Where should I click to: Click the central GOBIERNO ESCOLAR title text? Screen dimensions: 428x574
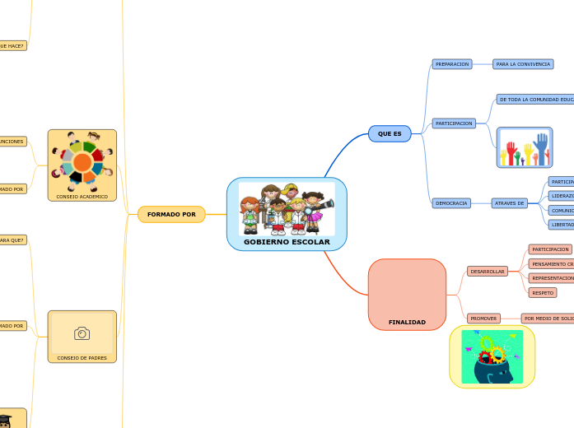pyautogui.click(x=287, y=242)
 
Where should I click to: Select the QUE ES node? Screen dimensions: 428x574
pyautogui.click(x=390, y=133)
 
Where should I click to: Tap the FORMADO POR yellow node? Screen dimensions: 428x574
pyautogui.click(x=171, y=214)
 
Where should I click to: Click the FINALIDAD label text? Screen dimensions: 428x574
pyautogui.click(x=407, y=322)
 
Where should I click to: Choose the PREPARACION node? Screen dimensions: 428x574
pyautogui.click(x=451, y=64)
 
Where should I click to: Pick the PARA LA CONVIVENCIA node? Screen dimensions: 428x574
pyautogui.click(x=523, y=64)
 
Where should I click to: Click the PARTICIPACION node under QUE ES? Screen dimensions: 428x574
pyautogui.click(x=454, y=123)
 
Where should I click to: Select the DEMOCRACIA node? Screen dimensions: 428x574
pyautogui.click(x=451, y=203)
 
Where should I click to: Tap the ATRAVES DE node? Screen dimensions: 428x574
pyautogui.click(x=510, y=203)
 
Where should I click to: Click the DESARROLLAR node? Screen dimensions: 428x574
pyautogui.click(x=488, y=272)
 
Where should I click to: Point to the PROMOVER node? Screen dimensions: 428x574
pyautogui.click(x=483, y=319)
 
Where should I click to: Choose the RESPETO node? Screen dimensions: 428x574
pyautogui.click(x=543, y=293)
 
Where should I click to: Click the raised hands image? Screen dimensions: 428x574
pyautogui.click(x=525, y=148)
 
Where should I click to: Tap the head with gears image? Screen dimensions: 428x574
pyautogui.click(x=492, y=356)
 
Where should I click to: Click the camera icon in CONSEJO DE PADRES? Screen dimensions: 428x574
pyautogui.click(x=82, y=333)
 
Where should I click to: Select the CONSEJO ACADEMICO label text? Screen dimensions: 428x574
pyautogui.click(x=82, y=197)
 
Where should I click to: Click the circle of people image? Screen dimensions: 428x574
pyautogui.click(x=82, y=160)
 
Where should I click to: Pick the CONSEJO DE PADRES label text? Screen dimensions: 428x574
pyautogui.click(x=82, y=358)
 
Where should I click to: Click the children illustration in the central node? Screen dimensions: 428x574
pyautogui.click(x=287, y=208)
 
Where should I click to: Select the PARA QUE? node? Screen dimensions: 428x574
pyautogui.click(x=12, y=240)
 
